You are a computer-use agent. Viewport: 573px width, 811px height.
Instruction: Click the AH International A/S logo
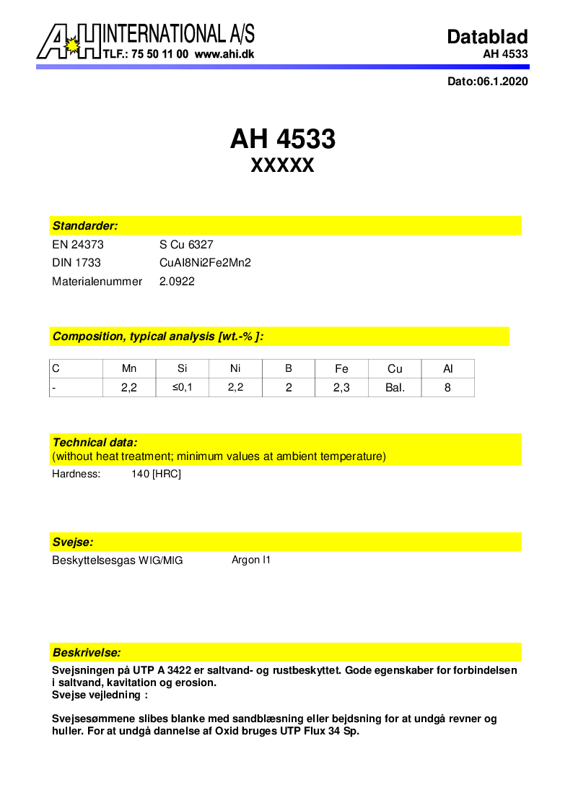tap(69, 41)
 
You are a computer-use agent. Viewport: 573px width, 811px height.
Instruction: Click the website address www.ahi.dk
tap(224, 54)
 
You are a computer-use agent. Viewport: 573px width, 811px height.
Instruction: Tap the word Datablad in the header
tap(487, 37)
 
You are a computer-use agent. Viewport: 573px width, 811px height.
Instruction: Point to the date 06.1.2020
tap(502, 82)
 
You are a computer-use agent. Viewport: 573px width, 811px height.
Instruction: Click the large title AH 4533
tap(283, 139)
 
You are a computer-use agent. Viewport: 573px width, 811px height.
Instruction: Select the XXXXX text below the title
tap(282, 166)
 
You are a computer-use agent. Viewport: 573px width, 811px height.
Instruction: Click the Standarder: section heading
tap(85, 226)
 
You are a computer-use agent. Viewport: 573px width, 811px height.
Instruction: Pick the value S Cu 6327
tap(186, 245)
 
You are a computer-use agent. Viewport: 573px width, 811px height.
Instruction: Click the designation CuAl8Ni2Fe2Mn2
tap(205, 263)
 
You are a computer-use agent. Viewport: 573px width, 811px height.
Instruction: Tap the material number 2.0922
tap(177, 281)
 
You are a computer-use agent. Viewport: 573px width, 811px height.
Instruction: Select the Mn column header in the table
tap(129, 368)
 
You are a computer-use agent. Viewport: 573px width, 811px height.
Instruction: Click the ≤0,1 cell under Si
tap(183, 388)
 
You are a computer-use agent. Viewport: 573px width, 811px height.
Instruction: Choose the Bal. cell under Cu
tap(395, 388)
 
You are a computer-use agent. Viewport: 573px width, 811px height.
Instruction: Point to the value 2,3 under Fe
tap(341, 388)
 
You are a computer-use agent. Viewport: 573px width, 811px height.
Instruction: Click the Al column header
tap(448, 368)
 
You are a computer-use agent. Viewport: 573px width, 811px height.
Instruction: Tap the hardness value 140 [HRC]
tap(152, 474)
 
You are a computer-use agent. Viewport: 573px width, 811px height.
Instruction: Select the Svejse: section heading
tap(73, 542)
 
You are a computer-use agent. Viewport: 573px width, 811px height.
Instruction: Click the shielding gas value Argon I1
tap(251, 560)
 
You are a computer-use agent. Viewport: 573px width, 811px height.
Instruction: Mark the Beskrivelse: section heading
tap(87, 652)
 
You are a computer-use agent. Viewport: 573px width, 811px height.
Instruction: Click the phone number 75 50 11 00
tap(157, 54)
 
